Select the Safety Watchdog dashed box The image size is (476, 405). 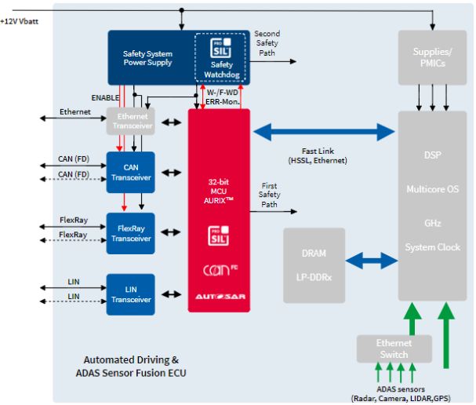221,58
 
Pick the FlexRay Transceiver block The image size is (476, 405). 131,233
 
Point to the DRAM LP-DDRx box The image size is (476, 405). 314,265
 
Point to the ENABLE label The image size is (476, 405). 105,98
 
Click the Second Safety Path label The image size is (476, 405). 267,43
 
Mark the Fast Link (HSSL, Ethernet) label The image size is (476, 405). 324,155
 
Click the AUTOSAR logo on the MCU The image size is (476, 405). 219,295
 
